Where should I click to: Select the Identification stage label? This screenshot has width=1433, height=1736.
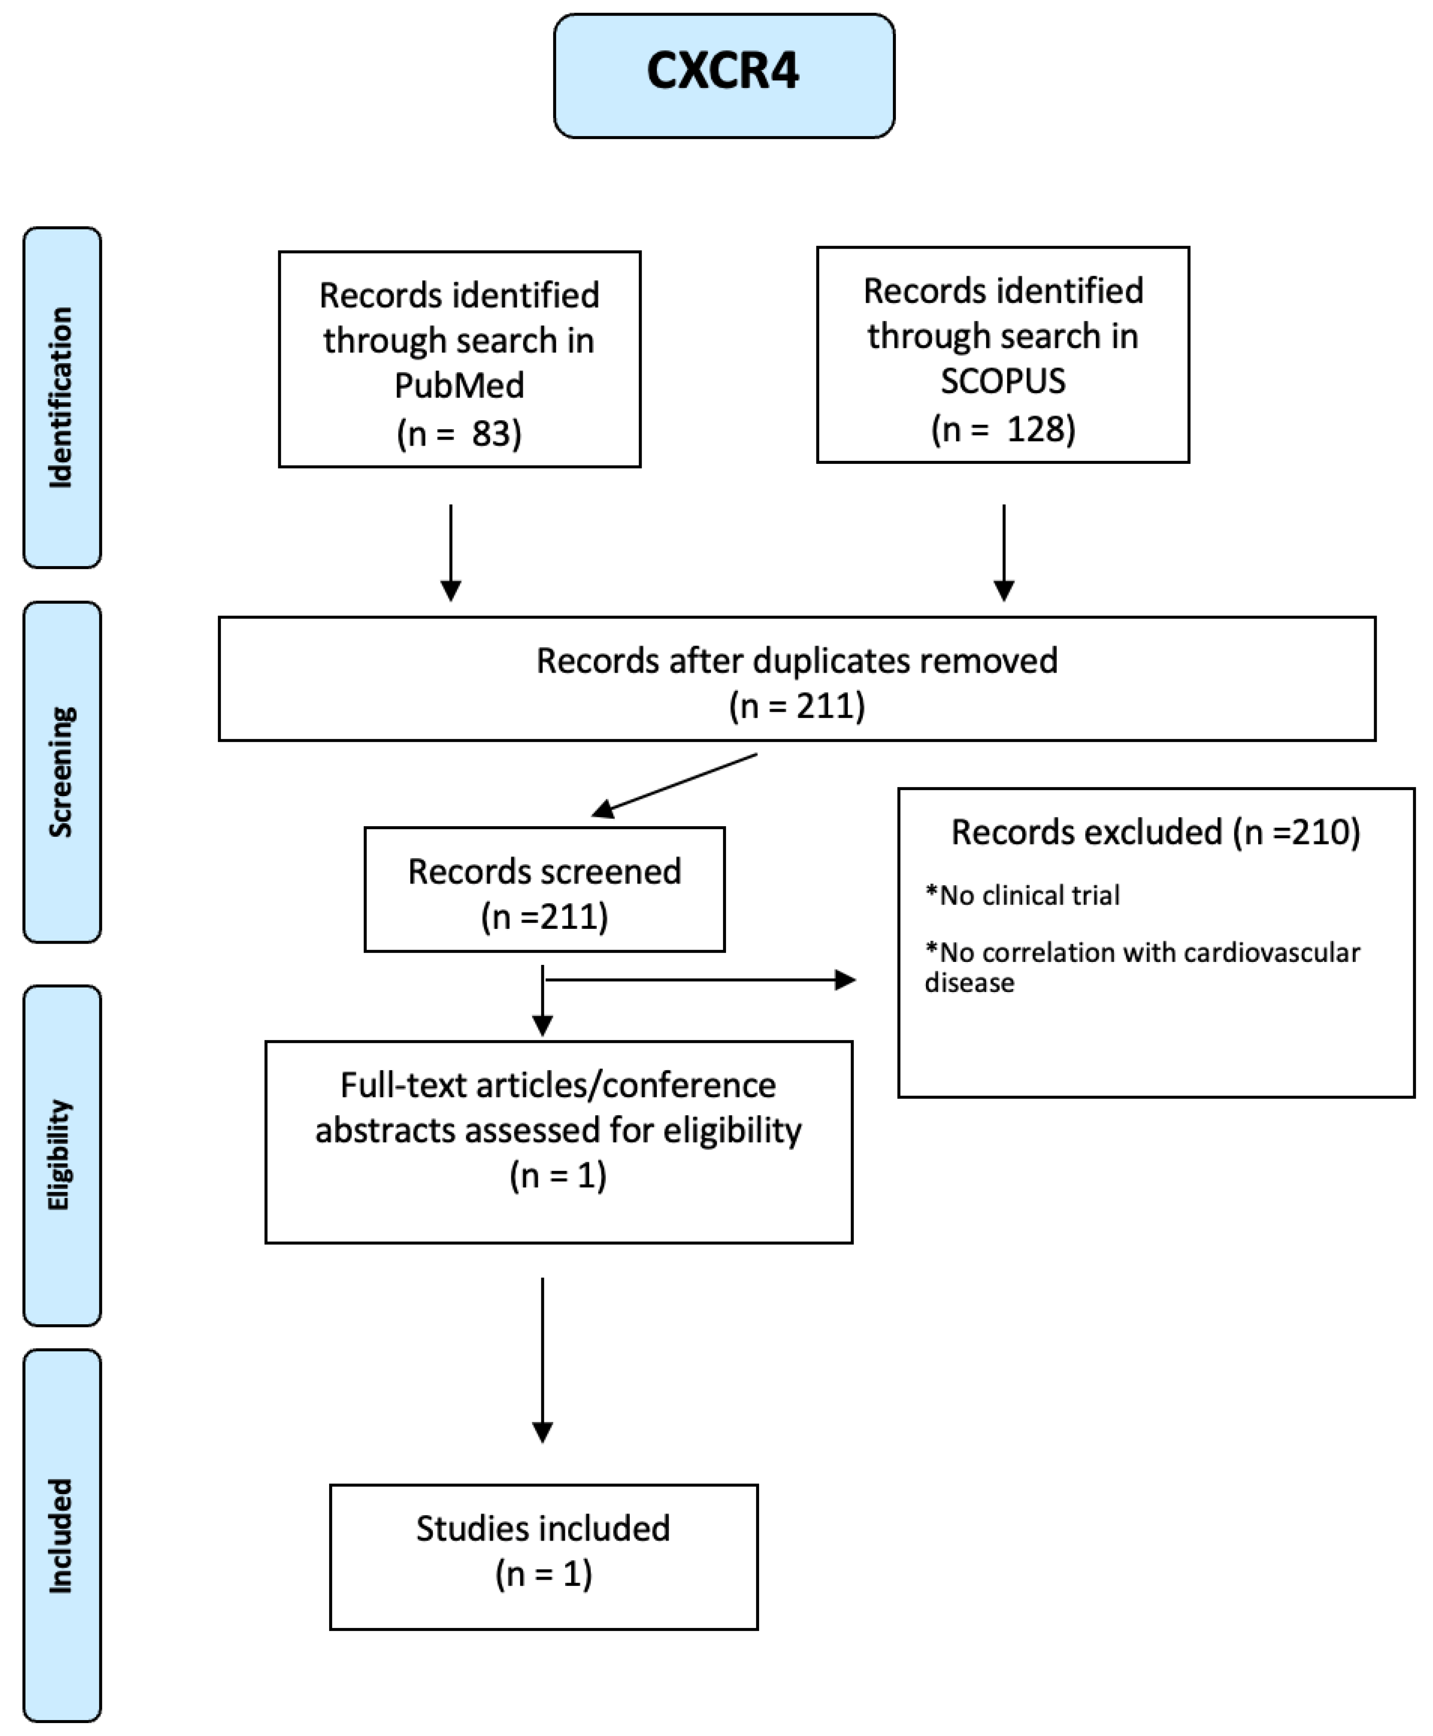(62, 397)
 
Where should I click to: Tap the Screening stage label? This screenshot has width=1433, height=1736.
(62, 772)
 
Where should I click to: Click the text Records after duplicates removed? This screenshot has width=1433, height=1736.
(797, 660)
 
